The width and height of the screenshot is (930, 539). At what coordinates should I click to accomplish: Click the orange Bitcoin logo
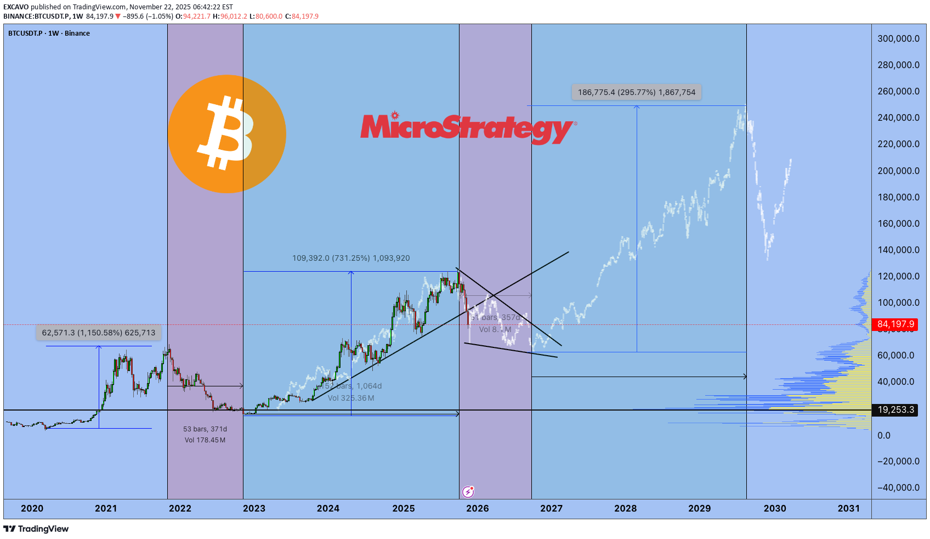click(226, 134)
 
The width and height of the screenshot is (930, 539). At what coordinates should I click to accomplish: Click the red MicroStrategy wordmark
click(467, 128)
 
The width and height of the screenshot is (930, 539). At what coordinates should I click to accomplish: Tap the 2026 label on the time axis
click(477, 508)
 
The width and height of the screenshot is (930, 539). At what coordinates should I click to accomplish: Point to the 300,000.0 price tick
click(898, 38)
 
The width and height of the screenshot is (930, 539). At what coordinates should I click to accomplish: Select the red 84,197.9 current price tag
click(895, 324)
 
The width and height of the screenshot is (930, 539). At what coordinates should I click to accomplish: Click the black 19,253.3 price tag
click(895, 409)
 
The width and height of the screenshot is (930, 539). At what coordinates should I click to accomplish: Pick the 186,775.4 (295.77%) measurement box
click(636, 92)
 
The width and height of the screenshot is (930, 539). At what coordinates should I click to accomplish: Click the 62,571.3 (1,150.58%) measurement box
click(99, 333)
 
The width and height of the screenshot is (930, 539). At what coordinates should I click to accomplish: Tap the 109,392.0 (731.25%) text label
click(351, 258)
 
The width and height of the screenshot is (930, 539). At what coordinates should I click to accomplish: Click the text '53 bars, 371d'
click(205, 429)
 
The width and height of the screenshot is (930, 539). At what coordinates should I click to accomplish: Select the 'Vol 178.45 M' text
click(205, 440)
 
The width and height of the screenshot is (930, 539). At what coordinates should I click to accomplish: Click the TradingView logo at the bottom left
click(36, 529)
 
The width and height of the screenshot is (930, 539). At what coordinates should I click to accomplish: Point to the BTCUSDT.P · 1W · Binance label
click(49, 33)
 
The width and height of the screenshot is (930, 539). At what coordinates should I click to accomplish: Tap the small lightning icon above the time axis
click(468, 491)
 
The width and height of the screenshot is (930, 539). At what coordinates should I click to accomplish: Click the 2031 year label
click(848, 508)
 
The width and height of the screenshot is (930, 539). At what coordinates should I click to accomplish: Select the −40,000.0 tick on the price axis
click(898, 487)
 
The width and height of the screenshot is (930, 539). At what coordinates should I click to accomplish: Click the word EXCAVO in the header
click(16, 7)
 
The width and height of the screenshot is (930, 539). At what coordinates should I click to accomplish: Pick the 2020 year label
click(32, 508)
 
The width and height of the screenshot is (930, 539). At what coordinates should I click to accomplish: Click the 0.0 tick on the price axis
click(884, 435)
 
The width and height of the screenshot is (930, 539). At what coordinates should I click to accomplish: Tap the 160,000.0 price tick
click(898, 223)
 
